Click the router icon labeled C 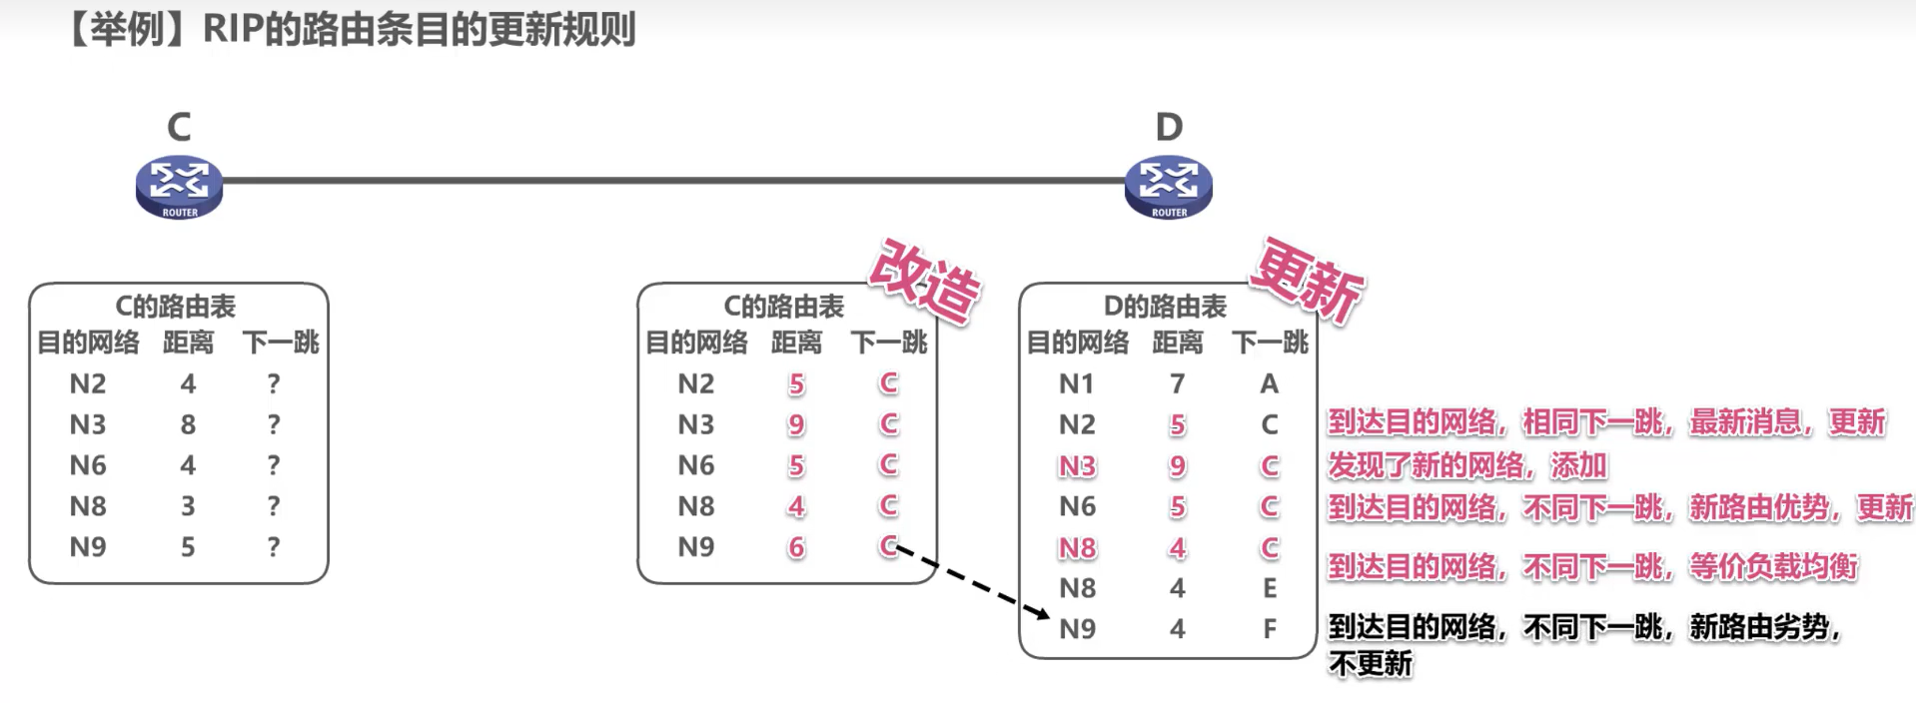click(179, 187)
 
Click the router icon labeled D click(1168, 187)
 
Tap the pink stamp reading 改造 click(925, 282)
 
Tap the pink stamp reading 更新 click(1308, 281)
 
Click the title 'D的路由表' click(1165, 307)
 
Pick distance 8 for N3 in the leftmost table click(188, 424)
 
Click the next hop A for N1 click(1269, 383)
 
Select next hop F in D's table click(1269, 629)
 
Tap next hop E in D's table click(1269, 588)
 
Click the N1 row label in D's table click(1076, 383)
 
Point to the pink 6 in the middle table click(796, 547)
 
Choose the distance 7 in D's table click(1178, 383)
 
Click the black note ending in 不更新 click(1582, 644)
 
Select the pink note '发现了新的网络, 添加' click(1466, 465)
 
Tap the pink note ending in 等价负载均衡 click(1592, 567)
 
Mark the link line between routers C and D click(673, 181)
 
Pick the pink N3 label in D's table click(1077, 466)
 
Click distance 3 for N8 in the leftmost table click(188, 506)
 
